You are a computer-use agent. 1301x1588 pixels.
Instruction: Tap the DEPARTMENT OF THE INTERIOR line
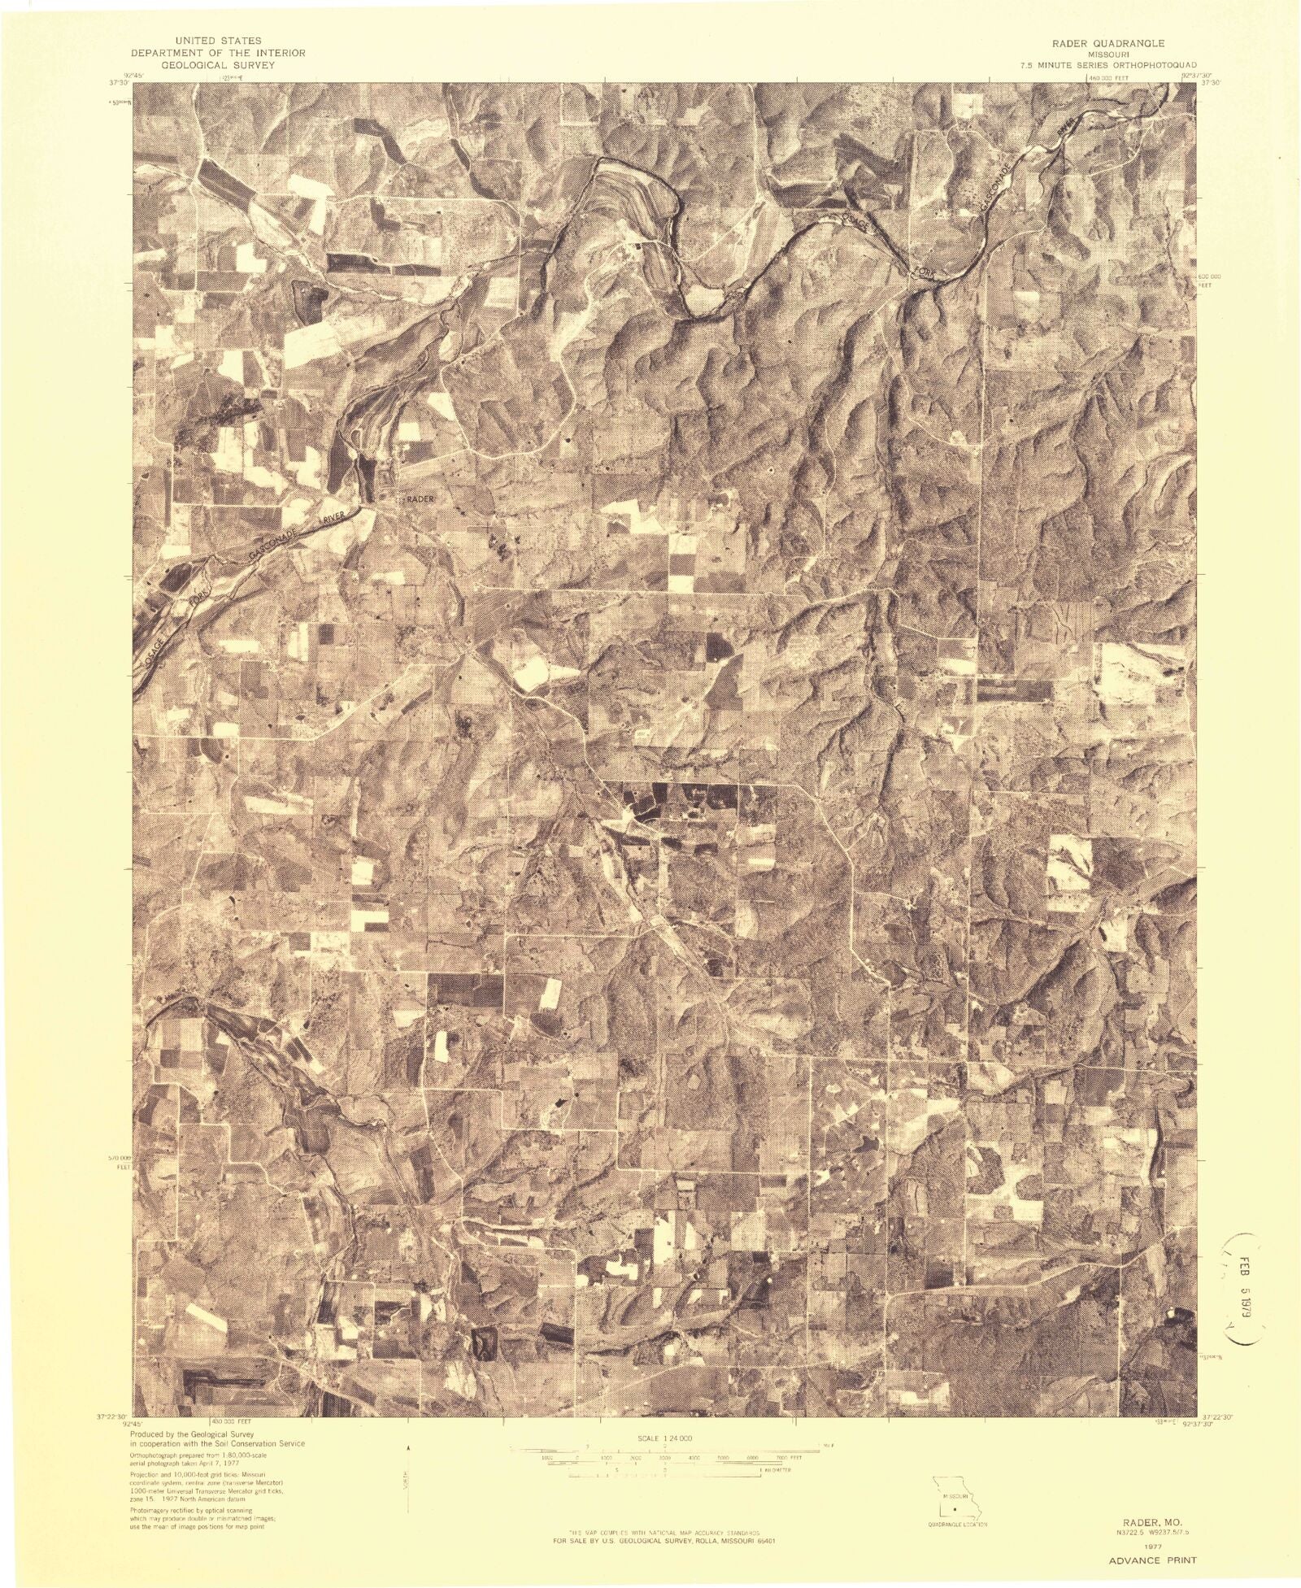(231, 51)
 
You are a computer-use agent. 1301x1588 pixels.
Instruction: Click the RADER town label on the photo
(417, 498)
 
